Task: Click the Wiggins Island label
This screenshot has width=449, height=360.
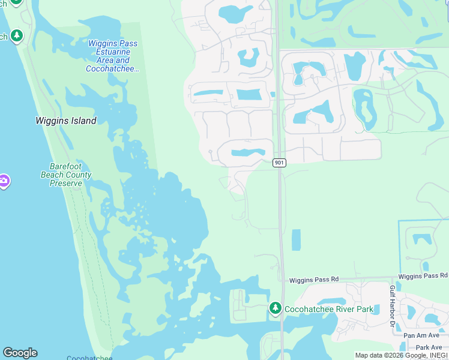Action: click(65, 121)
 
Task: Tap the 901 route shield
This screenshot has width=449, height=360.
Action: click(280, 163)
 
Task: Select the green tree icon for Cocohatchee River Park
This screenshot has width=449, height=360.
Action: click(276, 308)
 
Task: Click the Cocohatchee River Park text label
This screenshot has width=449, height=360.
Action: click(328, 309)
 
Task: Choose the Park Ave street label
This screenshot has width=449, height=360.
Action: click(429, 347)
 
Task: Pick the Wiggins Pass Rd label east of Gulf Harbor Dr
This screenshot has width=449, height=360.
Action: click(423, 275)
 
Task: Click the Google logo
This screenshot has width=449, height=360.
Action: click(20, 353)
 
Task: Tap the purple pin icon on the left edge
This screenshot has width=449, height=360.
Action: click(4, 181)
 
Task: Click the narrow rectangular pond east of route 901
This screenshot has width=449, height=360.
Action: click(296, 239)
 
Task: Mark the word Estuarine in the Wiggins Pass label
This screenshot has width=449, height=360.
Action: click(113, 52)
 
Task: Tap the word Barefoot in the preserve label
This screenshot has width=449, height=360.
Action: click(65, 167)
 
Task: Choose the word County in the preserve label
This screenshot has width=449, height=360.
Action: click(79, 175)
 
